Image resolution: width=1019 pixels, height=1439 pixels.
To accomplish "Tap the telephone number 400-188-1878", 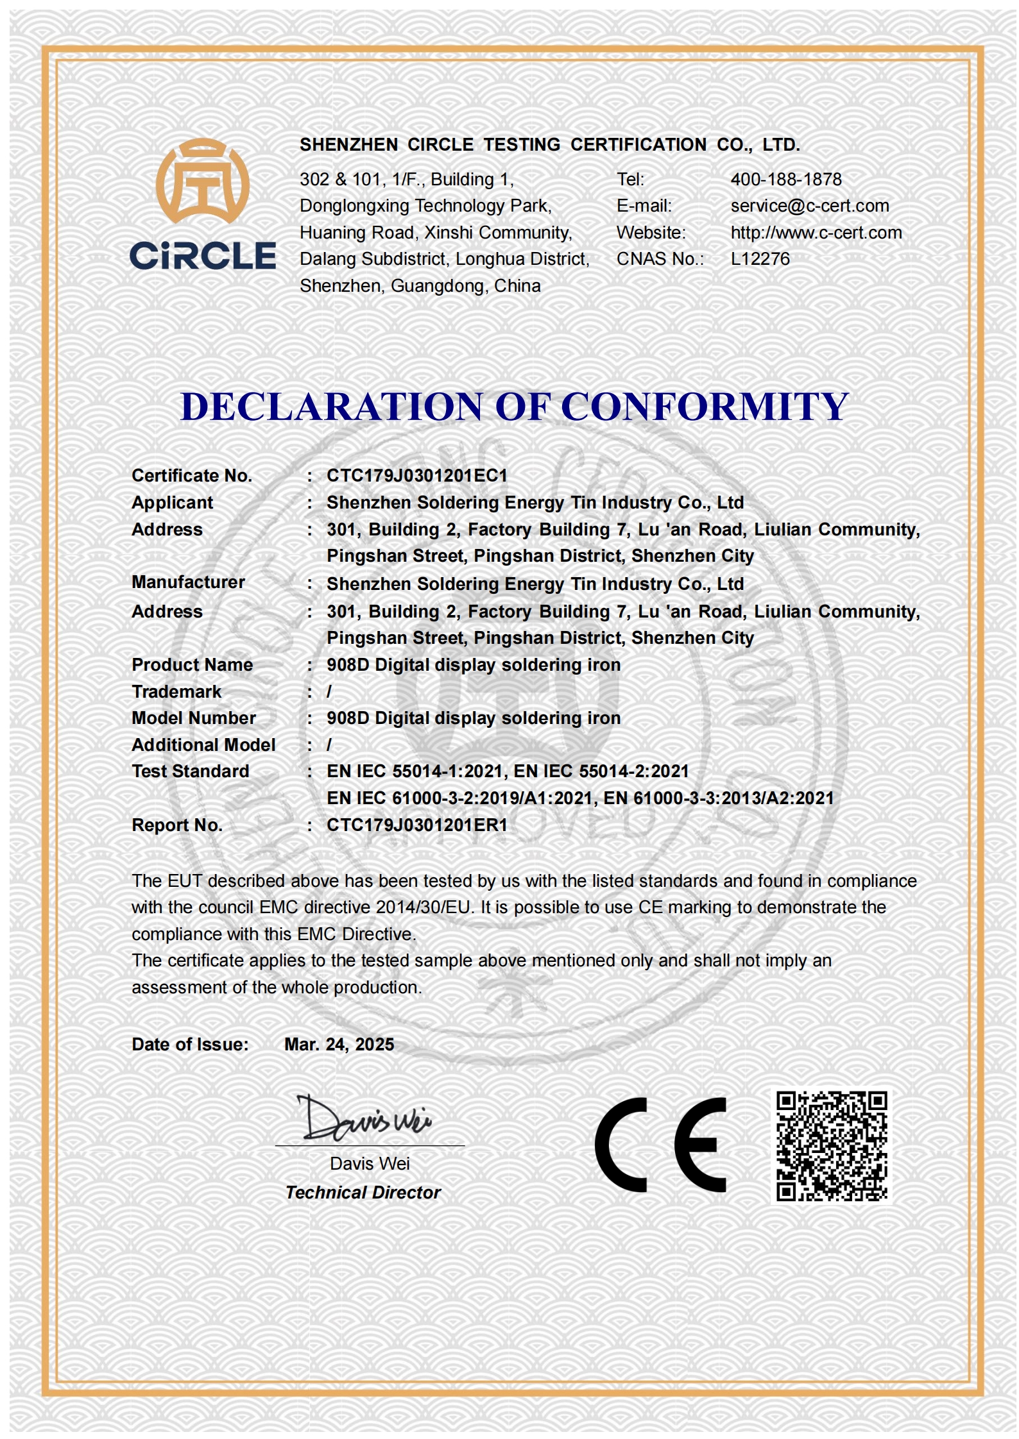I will tap(785, 180).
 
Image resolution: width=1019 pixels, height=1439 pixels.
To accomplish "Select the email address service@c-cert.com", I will tap(809, 206).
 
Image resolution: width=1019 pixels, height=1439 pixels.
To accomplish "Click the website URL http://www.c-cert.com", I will tap(816, 233).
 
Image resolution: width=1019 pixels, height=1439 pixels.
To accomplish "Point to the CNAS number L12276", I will tap(760, 259).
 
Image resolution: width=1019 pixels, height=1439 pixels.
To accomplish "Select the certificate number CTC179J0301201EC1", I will tap(416, 476).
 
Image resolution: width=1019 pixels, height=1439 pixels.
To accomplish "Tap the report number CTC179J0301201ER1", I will tap(416, 825).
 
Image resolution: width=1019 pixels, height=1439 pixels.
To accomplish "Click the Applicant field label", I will tap(172, 503).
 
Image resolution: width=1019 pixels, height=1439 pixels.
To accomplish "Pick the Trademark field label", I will tap(176, 692).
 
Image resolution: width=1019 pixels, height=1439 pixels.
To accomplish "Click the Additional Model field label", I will tap(203, 745).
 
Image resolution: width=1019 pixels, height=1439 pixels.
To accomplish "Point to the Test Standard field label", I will tap(191, 771).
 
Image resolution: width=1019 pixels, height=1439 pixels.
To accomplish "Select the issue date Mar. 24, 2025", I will tap(339, 1045).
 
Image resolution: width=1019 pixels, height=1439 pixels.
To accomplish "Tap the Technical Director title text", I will tap(363, 1193).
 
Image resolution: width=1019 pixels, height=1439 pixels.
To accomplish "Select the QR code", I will tap(831, 1146).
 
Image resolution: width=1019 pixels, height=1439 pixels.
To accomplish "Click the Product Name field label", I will tap(192, 665).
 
